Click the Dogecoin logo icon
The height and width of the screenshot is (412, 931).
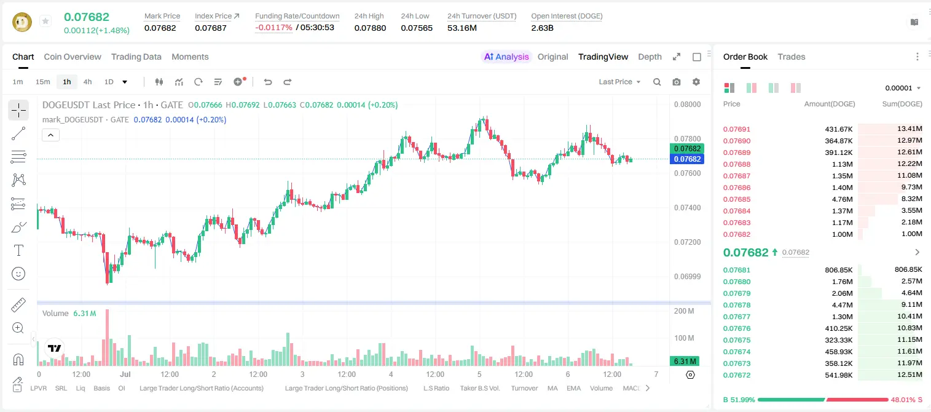point(22,22)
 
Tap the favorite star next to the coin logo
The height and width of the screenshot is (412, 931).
point(45,21)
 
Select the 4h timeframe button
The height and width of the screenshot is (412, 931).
point(87,82)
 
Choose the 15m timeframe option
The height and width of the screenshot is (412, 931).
point(43,82)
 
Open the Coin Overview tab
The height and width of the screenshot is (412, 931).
point(73,57)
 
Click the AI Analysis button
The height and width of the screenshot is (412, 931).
point(506,57)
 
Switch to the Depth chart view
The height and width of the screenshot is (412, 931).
point(650,57)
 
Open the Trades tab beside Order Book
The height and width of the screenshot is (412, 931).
point(792,57)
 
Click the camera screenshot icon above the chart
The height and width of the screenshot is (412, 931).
point(677,82)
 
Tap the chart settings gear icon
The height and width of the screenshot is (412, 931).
point(696,82)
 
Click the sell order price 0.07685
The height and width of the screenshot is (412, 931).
point(736,199)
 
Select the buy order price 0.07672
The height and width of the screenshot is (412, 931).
point(736,375)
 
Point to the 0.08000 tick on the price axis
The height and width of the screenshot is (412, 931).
point(688,105)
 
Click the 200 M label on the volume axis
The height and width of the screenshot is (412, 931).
point(684,311)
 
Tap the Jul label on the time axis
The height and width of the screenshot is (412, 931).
point(125,374)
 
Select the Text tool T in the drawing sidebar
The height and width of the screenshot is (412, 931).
point(18,250)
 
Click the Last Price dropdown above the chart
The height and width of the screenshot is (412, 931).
point(619,82)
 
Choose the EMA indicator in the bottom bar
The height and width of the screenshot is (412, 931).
point(573,388)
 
